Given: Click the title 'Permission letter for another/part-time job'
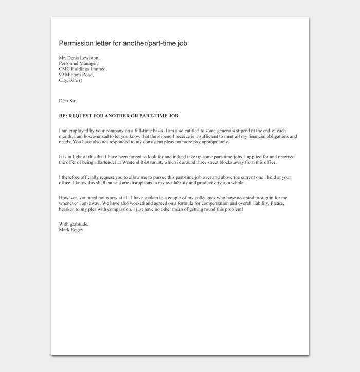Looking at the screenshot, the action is [123, 43].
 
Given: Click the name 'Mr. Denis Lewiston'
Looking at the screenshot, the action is [79, 58].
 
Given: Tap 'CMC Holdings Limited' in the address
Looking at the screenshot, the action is [82, 69].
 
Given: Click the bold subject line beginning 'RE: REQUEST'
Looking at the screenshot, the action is [118, 116].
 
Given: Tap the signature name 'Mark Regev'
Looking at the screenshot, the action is [71, 230].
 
